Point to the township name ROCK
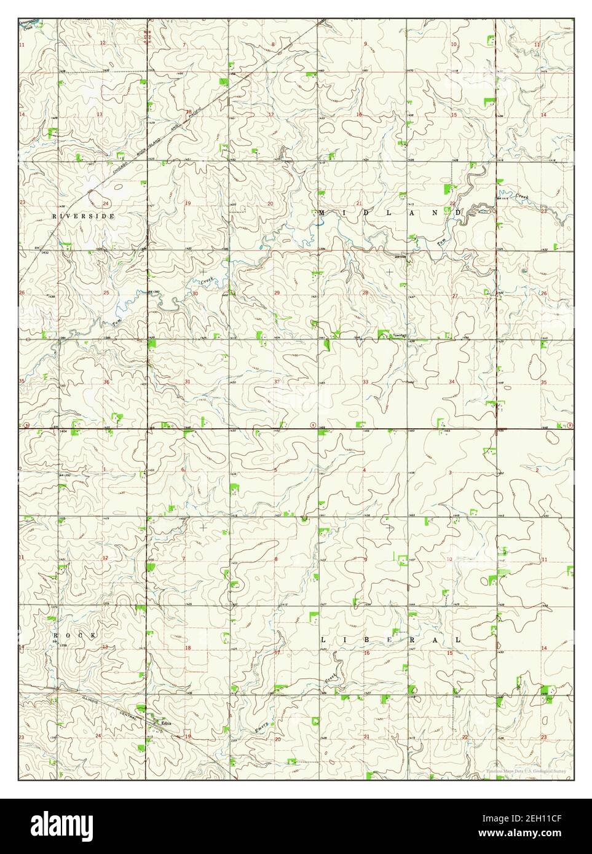tap(74, 635)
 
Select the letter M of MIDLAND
tap(322, 213)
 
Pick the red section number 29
tap(277, 292)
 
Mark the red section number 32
tap(277, 382)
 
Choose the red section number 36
tap(106, 382)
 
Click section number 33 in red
tap(365, 382)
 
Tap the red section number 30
tap(195, 293)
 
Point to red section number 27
tap(454, 296)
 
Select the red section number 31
tap(187, 382)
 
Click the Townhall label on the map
tap(401, 335)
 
